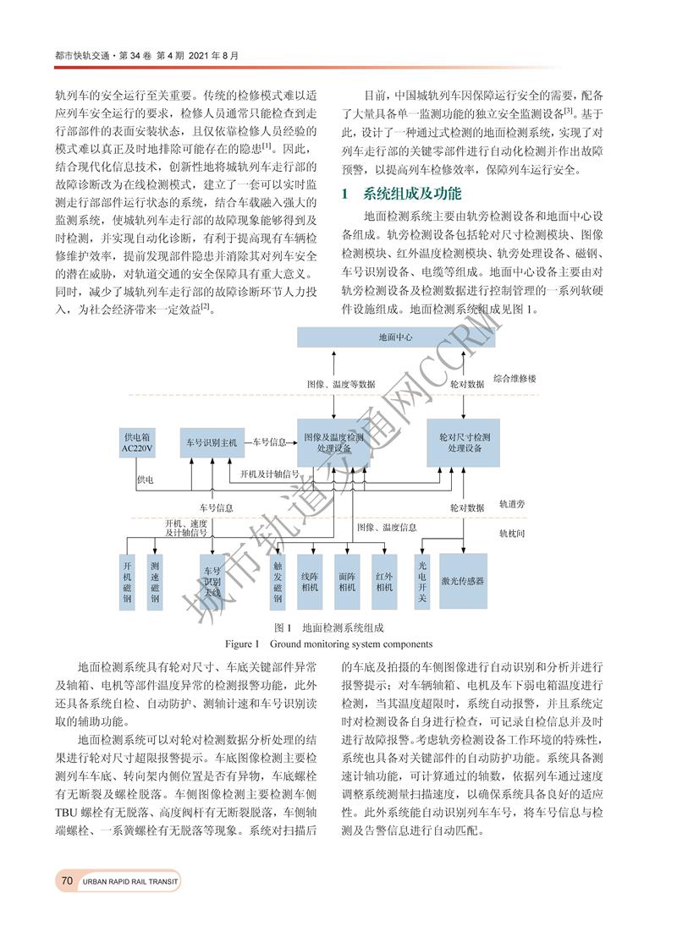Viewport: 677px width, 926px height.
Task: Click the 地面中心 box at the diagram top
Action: [395, 337]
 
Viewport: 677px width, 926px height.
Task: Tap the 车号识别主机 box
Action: [212, 441]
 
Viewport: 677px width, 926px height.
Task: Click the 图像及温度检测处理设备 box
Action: [333, 442]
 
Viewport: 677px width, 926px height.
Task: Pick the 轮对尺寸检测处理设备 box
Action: [464, 442]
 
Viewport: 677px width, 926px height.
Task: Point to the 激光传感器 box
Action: [463, 581]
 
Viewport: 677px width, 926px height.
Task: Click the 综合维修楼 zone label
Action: [514, 379]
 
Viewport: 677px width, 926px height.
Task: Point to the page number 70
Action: [67, 881]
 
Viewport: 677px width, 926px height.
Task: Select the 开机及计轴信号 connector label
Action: [270, 474]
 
